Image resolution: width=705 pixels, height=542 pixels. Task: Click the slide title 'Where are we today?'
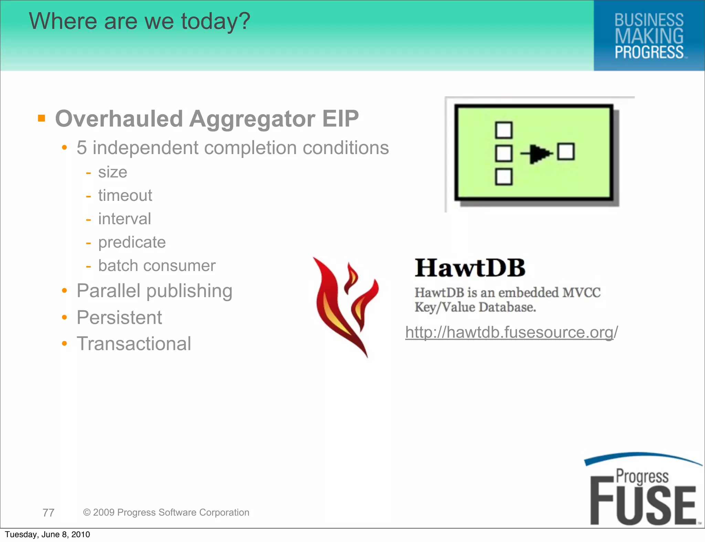(x=139, y=21)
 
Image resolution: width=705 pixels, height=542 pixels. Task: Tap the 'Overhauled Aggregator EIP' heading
(x=207, y=119)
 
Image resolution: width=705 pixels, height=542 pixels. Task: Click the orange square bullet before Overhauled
(x=42, y=118)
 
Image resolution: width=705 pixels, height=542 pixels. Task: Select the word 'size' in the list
(x=113, y=172)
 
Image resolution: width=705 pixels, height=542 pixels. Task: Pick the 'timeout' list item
(x=125, y=195)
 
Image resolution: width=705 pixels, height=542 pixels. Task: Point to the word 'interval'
(x=125, y=219)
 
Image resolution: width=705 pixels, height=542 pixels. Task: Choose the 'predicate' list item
(x=132, y=242)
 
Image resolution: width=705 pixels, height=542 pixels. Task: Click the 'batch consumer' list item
(x=157, y=265)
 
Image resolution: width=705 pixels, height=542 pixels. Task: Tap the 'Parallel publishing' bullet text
(x=155, y=291)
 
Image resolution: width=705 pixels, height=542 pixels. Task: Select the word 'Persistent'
(x=119, y=317)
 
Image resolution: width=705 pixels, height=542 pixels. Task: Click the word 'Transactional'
(x=134, y=344)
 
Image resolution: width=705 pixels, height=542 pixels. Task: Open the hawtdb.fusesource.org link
(x=512, y=332)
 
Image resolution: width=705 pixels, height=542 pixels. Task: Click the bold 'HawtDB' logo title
(x=470, y=268)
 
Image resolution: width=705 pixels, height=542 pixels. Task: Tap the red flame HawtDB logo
(x=346, y=306)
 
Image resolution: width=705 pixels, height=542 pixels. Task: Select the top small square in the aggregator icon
(x=504, y=130)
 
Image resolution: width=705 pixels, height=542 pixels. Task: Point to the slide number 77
(x=48, y=512)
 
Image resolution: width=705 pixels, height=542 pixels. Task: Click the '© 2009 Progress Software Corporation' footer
(x=166, y=512)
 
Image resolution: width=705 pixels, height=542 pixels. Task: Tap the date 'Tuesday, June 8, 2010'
(x=48, y=534)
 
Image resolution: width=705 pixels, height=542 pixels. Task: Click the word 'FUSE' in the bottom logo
(x=643, y=506)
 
